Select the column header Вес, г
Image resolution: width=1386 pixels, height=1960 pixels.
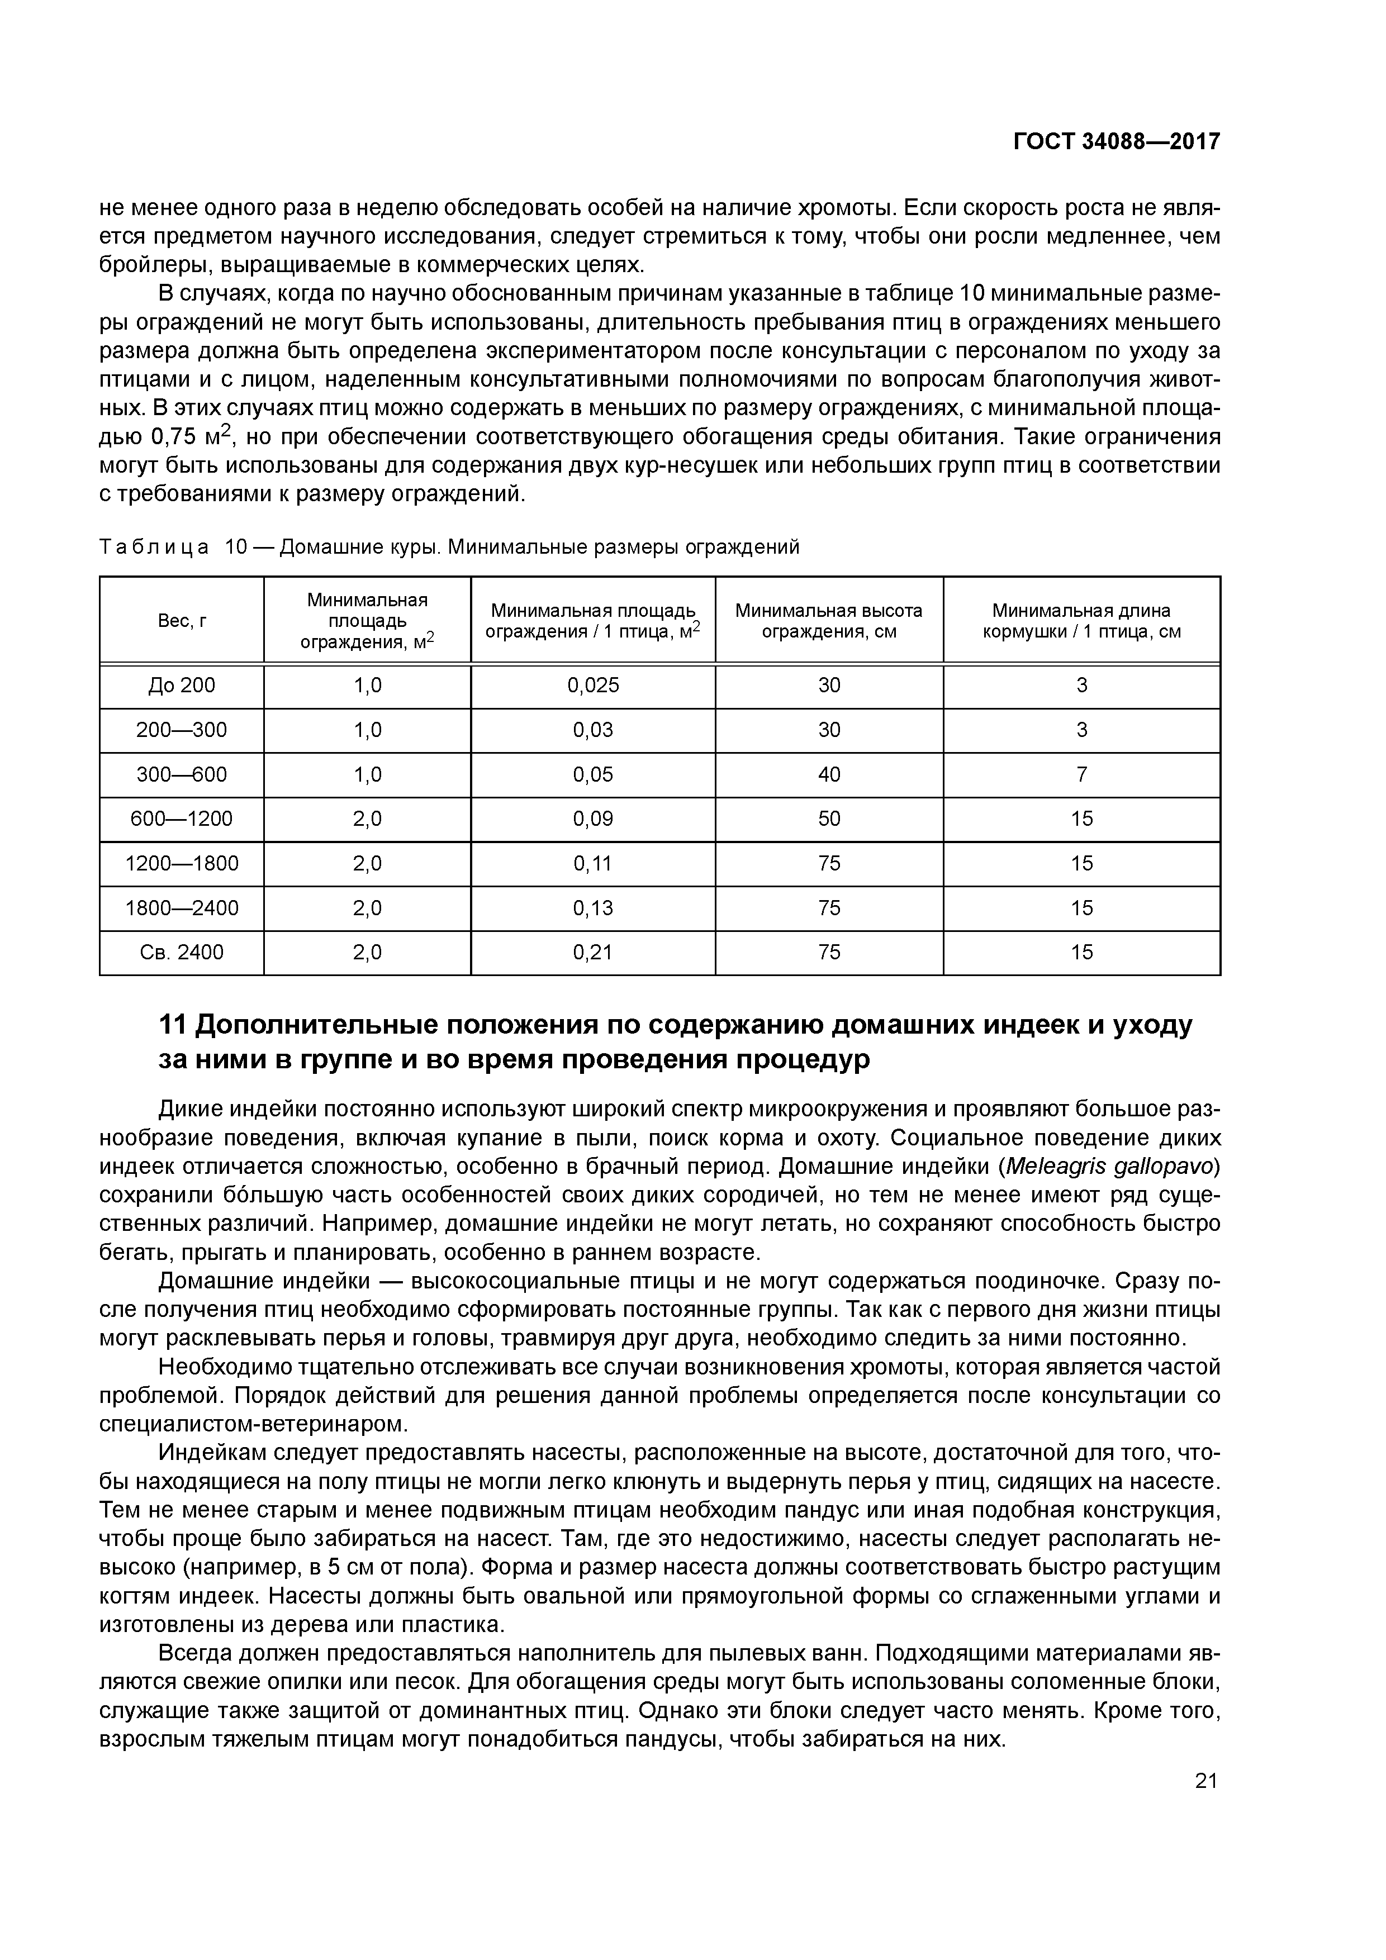coord(182,621)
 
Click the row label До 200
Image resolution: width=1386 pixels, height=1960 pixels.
coord(182,686)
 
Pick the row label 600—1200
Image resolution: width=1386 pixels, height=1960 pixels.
coord(182,819)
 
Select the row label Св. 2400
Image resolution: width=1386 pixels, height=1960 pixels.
coord(182,952)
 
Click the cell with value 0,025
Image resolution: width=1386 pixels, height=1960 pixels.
coord(592,686)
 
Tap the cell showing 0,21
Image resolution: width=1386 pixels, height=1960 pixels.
coord(592,952)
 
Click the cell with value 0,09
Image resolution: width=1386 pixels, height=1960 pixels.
coord(592,819)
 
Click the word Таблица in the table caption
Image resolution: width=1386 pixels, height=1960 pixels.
coord(154,547)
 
